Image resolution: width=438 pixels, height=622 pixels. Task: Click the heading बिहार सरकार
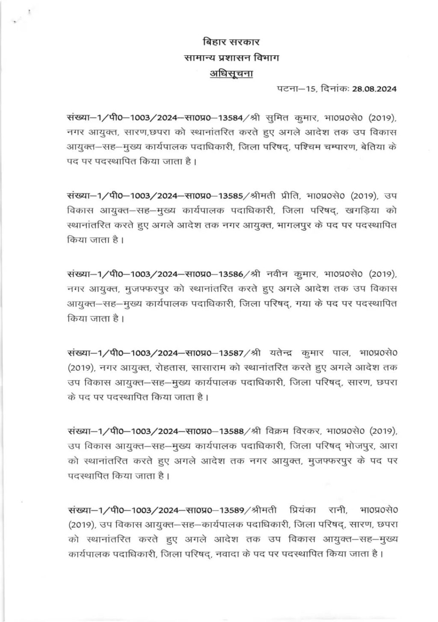[x=231, y=42]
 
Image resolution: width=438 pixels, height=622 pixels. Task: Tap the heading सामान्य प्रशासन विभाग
[x=231, y=57]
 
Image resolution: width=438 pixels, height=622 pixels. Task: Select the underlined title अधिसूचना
[x=231, y=73]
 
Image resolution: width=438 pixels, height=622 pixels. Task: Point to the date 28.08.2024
[x=375, y=89]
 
